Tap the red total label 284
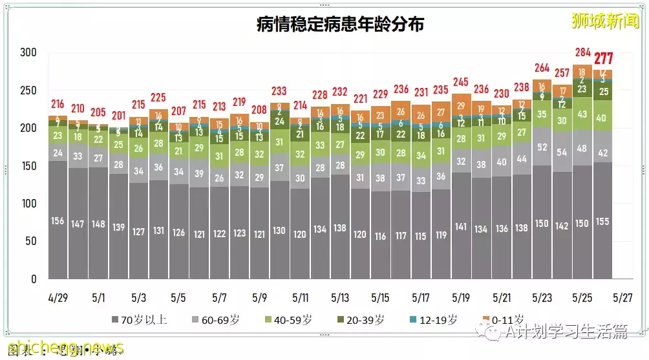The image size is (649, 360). tap(582, 52)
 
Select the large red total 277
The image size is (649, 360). tap(604, 59)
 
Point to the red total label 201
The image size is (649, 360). tap(118, 116)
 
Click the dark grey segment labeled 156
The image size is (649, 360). tap(58, 220)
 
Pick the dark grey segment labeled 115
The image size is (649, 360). tap(421, 236)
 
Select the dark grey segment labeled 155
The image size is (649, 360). tap(603, 221)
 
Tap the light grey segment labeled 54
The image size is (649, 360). tap(562, 152)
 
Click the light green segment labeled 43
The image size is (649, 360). tap(582, 114)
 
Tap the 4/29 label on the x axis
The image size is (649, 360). tap(58, 298)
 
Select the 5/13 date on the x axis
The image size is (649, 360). tap(340, 298)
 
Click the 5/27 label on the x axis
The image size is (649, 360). tap(622, 298)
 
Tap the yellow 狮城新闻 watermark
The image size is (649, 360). tap(604, 21)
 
